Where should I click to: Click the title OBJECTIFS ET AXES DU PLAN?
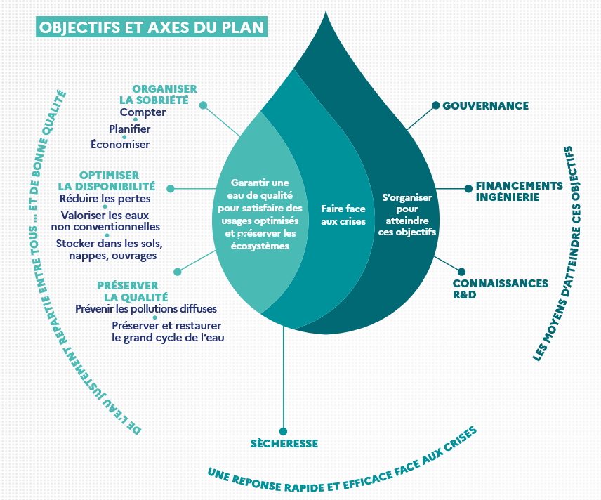[152, 28]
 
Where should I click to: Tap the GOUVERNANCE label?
[485, 106]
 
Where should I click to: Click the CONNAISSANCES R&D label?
[500, 289]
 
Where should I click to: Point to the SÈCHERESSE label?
[284, 444]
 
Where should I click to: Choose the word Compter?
[143, 112]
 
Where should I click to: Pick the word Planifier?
[130, 129]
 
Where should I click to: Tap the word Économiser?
[120, 145]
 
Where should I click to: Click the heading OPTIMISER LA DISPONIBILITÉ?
[108, 180]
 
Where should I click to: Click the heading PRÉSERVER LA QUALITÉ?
[133, 291]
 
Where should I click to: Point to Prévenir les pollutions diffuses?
[146, 309]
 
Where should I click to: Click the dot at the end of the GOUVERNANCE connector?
[436, 105]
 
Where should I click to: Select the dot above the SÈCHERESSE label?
[283, 431]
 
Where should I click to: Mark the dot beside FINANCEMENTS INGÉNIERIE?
[468, 188]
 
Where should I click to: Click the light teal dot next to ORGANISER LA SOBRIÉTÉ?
[204, 105]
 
